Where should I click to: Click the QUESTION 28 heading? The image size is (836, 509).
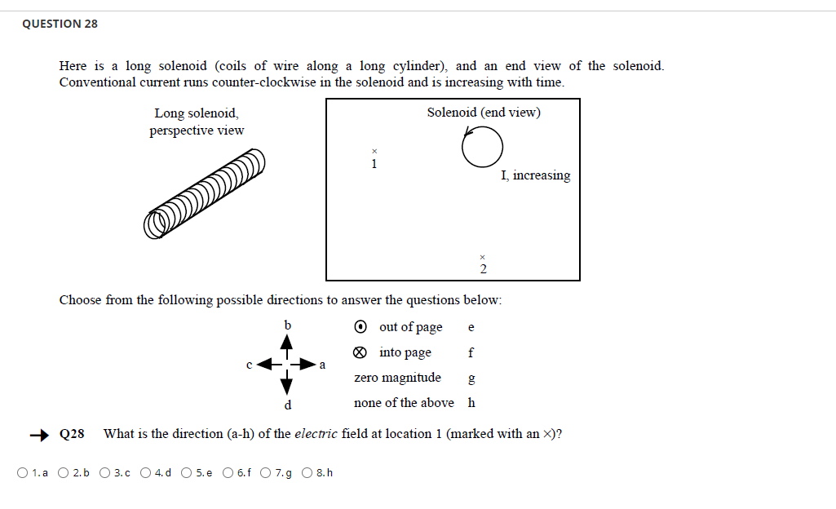click(60, 24)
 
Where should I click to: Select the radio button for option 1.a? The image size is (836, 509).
click(22, 472)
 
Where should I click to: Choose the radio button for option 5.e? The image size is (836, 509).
click(187, 472)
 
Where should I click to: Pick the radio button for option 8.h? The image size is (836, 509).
click(308, 472)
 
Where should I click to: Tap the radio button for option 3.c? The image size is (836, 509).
click(105, 472)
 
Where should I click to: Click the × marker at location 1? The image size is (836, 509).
click(374, 151)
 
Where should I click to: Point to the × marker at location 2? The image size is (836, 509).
click(483, 255)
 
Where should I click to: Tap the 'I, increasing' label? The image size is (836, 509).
click(535, 175)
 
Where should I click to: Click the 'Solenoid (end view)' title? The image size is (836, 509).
click(483, 113)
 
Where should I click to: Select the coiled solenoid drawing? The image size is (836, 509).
click(205, 193)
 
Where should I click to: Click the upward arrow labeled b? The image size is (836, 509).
click(286, 345)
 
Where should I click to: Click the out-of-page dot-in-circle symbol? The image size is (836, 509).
click(361, 327)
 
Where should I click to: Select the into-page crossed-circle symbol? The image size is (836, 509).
click(361, 353)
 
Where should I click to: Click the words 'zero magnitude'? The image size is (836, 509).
click(397, 378)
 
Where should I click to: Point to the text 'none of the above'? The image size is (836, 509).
click(404, 403)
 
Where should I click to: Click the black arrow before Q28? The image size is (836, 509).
click(40, 434)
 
